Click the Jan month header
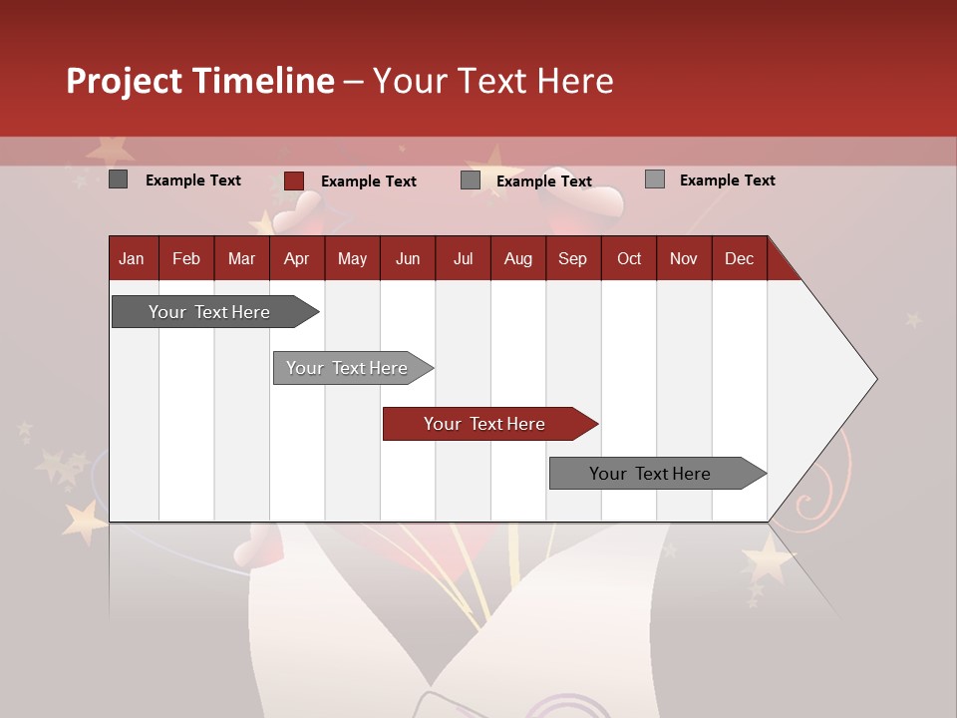click(133, 258)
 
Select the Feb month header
click(186, 258)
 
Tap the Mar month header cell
click(241, 258)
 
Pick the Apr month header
click(297, 258)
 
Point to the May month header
click(352, 258)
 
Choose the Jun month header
click(408, 258)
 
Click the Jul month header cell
click(463, 258)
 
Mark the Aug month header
click(518, 258)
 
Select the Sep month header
click(573, 258)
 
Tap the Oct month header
click(629, 258)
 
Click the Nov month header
click(684, 258)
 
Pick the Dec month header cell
click(740, 258)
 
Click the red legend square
click(294, 180)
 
